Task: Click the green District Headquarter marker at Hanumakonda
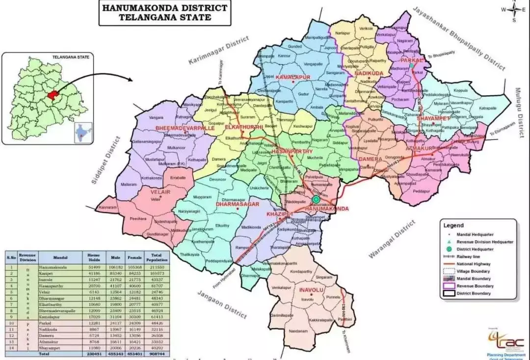click(x=316, y=200)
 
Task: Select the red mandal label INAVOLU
click(x=310, y=290)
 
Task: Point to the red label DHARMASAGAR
click(x=237, y=203)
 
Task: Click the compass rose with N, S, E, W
click(x=514, y=10)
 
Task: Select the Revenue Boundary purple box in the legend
click(x=449, y=286)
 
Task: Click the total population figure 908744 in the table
click(x=158, y=353)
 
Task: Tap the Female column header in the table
click(x=134, y=257)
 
